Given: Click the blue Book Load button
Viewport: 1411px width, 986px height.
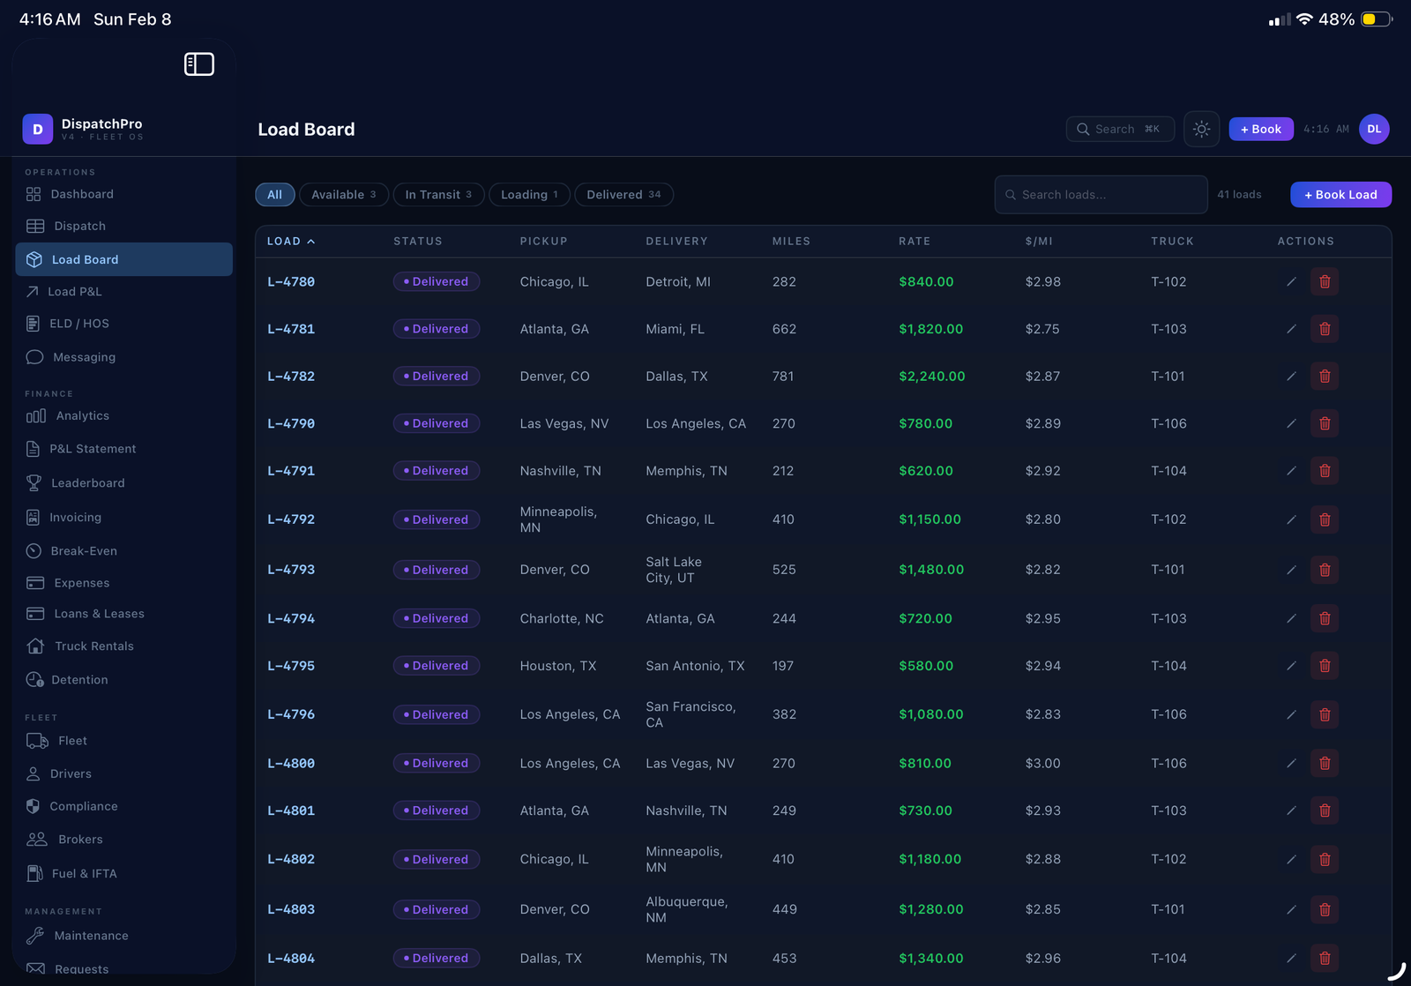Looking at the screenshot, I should click(1340, 195).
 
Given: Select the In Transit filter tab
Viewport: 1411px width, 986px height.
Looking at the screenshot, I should click(438, 195).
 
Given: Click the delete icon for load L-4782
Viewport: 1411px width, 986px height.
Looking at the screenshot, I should click(1324, 377).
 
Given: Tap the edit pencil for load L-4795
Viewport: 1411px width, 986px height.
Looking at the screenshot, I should click(1291, 666).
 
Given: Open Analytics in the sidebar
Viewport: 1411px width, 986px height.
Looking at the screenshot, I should click(82, 416).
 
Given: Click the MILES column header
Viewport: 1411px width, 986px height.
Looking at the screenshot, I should click(791, 242).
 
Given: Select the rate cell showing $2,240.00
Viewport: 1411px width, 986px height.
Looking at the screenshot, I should click(931, 377).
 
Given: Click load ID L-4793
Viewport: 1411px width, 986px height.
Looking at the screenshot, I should click(291, 570).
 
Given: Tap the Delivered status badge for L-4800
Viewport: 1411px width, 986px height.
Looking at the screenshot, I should click(437, 764).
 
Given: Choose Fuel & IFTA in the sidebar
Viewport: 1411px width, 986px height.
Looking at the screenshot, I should click(84, 874).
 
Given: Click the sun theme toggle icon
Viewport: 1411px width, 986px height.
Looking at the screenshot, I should click(1201, 130).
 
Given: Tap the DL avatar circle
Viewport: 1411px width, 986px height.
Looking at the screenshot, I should click(1374, 130).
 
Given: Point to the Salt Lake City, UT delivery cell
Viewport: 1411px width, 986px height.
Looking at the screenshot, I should click(674, 570).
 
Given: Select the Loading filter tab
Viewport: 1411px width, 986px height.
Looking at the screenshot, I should click(529, 195).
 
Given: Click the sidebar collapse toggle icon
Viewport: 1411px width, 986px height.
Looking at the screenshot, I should click(199, 64).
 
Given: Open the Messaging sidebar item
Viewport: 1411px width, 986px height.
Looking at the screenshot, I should click(84, 357).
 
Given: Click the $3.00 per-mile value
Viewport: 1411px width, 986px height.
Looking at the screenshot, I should click(1042, 764).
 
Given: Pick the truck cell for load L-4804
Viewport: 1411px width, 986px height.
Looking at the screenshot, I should click(1168, 959).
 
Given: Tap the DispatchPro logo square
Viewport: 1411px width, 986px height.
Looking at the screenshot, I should click(38, 130).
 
